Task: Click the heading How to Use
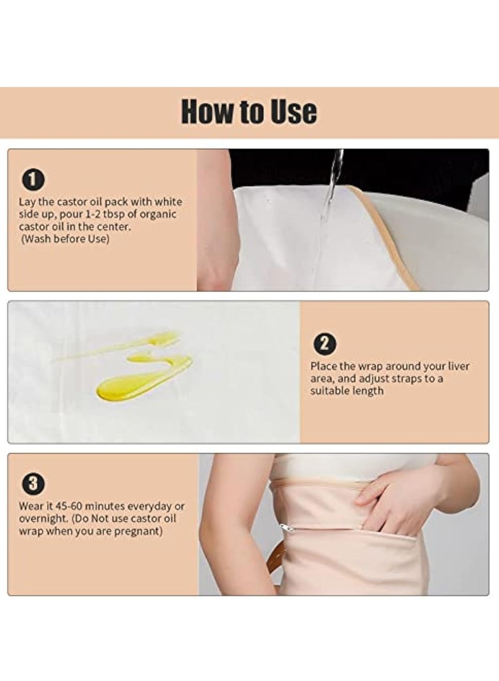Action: (249, 112)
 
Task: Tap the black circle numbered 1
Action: (33, 180)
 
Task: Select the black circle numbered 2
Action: (324, 343)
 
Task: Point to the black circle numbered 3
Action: (33, 484)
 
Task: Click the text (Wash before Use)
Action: (65, 239)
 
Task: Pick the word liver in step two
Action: (458, 366)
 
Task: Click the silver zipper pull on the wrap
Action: (287, 527)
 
